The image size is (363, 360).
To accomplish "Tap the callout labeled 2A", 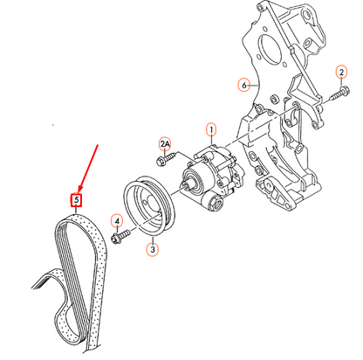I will pyautogui.click(x=164, y=142).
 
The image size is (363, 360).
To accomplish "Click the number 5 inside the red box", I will pyautogui.click(x=77, y=200).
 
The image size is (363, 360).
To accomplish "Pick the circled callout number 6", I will pyautogui.click(x=246, y=85).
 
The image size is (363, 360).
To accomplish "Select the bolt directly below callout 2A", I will pyautogui.click(x=164, y=160).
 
